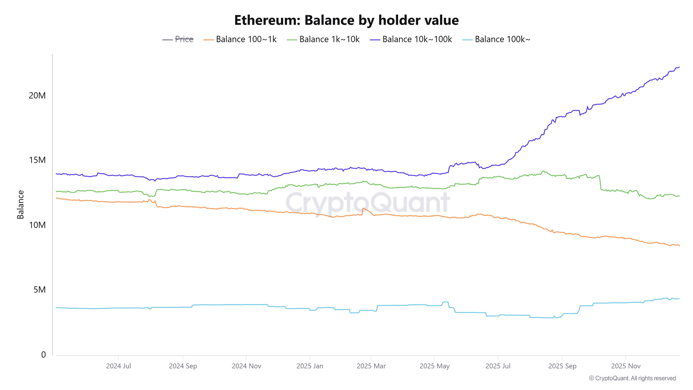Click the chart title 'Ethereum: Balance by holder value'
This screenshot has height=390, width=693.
pyautogui.click(x=346, y=20)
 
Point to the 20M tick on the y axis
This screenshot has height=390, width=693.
pyautogui.click(x=37, y=96)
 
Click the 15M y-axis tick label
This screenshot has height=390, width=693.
pyautogui.click(x=37, y=160)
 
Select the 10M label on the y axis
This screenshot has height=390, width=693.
pyautogui.click(x=37, y=225)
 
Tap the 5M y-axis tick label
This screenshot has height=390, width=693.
pyautogui.click(x=39, y=290)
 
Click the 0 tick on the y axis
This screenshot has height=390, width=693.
pyautogui.click(x=43, y=355)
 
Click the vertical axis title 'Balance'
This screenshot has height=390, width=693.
pyautogui.click(x=21, y=205)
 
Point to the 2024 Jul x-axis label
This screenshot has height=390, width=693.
pyautogui.click(x=119, y=366)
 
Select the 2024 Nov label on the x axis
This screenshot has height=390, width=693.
pyautogui.click(x=246, y=366)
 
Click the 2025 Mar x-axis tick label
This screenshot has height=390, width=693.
pyautogui.click(x=371, y=366)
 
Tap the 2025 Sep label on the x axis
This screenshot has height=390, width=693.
pyautogui.click(x=562, y=366)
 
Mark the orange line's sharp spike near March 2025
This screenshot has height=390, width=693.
pyautogui.click(x=363, y=208)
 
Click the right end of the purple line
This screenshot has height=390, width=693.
pyautogui.click(x=679, y=67)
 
